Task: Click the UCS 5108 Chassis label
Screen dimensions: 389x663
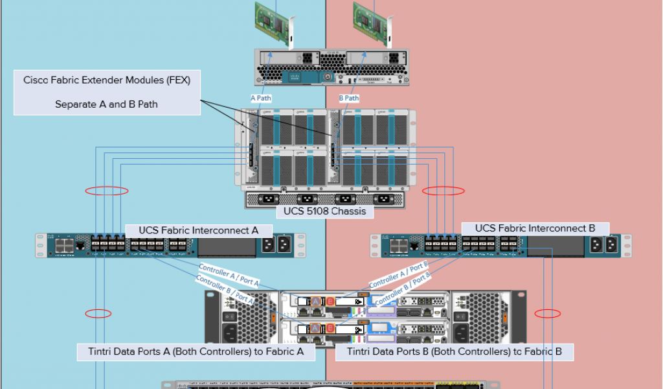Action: [x=324, y=211]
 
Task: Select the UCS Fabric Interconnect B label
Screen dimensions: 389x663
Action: [x=535, y=228]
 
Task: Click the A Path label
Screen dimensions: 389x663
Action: [x=262, y=99]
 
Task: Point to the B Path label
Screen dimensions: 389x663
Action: [x=349, y=99]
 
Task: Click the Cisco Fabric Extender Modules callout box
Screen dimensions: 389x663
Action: [x=107, y=92]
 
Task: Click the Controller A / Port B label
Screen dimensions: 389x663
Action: [x=398, y=275]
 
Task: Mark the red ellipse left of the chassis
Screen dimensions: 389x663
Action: [x=107, y=191]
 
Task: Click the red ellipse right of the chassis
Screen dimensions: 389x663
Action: [x=443, y=191]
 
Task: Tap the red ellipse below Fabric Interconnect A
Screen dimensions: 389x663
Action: [x=98, y=314]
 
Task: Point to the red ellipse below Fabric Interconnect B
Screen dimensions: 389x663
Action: [x=548, y=314]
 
